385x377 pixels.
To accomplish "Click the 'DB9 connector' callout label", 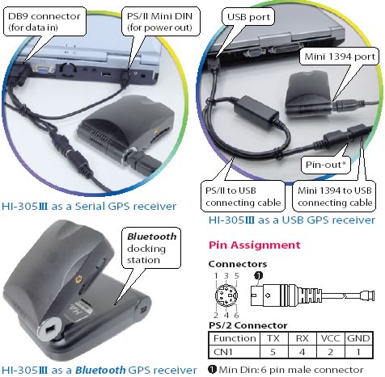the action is click(44, 22).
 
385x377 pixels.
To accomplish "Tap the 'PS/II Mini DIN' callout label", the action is click(160, 22).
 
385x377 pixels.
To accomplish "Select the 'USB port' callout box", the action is click(248, 17).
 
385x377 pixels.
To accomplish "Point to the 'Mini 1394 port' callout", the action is click(340, 57).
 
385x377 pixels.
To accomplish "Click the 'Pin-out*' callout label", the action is click(326, 165).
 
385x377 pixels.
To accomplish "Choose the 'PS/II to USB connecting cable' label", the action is click(243, 196).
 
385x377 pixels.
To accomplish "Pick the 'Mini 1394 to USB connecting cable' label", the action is click(334, 196).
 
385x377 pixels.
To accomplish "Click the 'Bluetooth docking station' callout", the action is click(151, 248).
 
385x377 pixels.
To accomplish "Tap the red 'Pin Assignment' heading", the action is click(254, 245).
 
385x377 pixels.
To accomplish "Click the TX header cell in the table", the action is click(273, 338).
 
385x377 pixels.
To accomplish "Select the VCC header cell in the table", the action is click(330, 338).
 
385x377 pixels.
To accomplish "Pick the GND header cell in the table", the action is click(359, 338).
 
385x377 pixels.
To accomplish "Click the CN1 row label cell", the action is click(234, 352).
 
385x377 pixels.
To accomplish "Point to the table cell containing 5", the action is click(273, 352).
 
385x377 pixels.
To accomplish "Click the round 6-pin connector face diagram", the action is click(226, 295).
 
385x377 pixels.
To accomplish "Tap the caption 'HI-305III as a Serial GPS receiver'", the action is click(89, 207).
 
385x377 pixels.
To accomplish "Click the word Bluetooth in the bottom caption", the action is click(100, 370).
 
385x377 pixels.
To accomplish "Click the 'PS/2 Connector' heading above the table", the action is click(247, 325).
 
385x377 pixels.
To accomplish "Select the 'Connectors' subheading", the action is click(238, 264).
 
